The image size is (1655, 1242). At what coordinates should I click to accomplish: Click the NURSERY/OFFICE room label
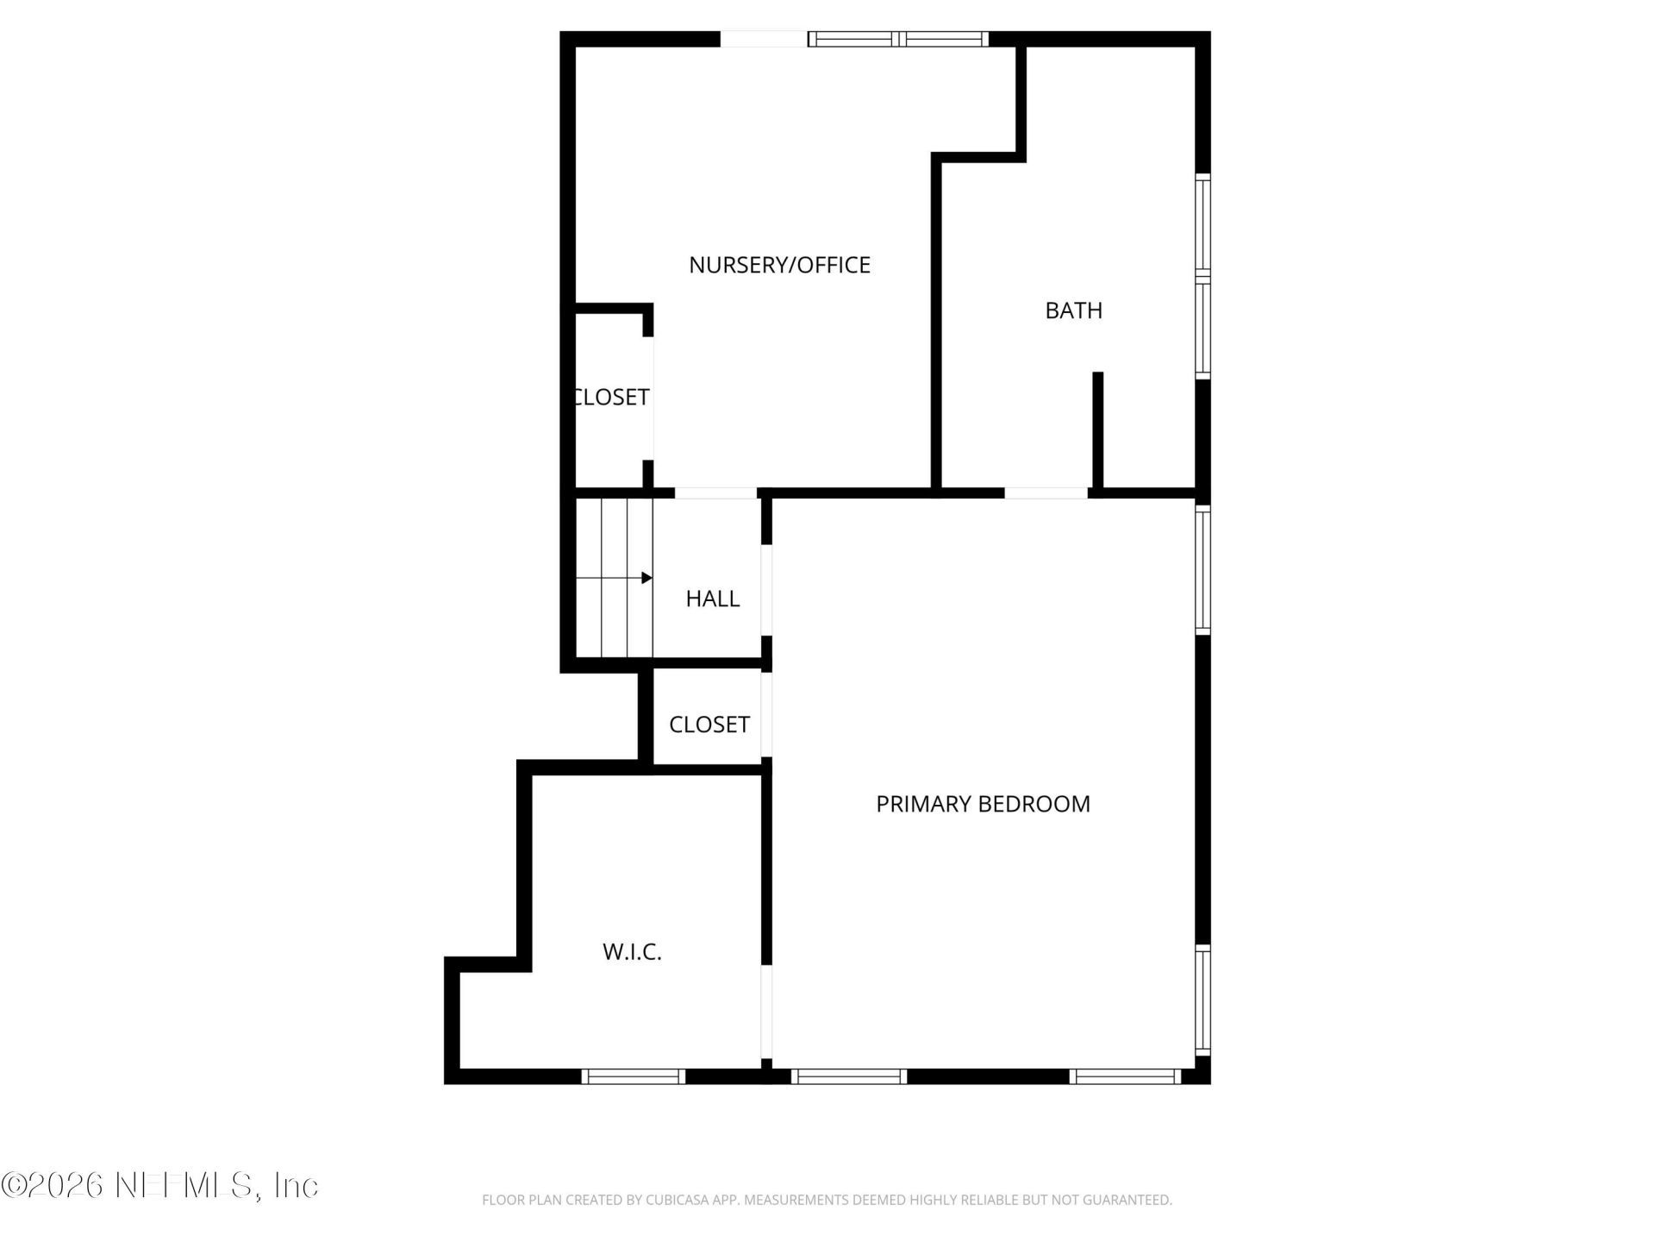tap(779, 265)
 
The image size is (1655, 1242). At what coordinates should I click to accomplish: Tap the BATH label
tap(1073, 310)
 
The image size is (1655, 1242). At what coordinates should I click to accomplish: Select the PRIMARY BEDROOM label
tap(983, 804)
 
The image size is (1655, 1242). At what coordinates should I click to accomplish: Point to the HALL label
tap(712, 599)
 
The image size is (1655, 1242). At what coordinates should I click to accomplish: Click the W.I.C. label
tap(632, 952)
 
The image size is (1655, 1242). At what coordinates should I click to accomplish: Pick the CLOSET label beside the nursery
tap(612, 397)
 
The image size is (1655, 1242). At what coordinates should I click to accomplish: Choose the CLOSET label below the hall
tap(709, 724)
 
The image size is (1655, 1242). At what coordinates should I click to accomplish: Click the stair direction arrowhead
tap(646, 578)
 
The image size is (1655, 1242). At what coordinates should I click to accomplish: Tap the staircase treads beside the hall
tap(614, 578)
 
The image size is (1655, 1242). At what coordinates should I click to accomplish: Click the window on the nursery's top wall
tap(898, 39)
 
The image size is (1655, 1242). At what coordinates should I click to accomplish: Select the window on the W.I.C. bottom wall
tap(633, 1076)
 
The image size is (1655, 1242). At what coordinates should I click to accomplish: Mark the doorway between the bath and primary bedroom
tap(1046, 493)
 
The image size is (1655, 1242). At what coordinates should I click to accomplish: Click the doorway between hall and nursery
tap(715, 493)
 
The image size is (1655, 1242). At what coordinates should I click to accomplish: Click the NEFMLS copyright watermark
tap(159, 1185)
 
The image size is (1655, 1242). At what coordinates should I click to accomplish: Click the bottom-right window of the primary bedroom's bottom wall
tap(1125, 1076)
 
